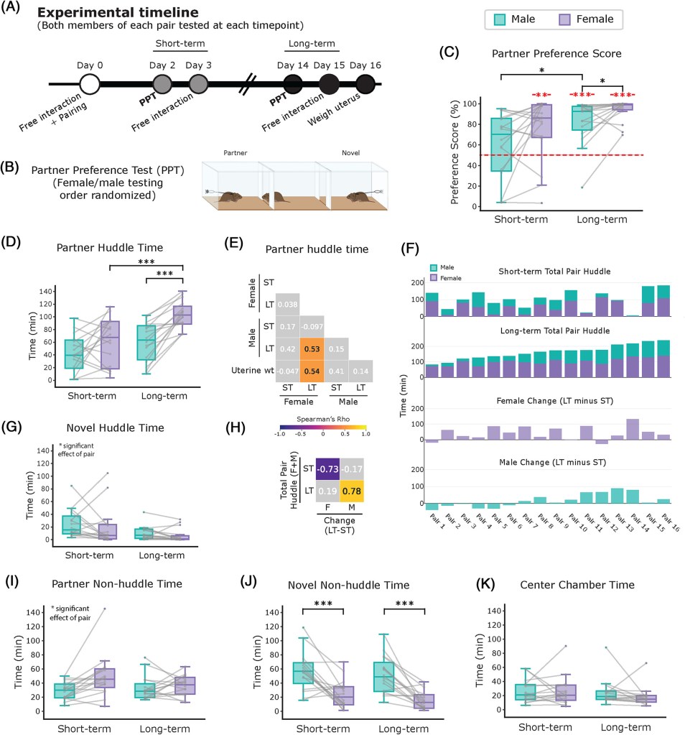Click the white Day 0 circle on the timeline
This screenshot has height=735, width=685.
coord(90,84)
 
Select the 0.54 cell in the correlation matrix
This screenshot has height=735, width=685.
coord(312,371)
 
